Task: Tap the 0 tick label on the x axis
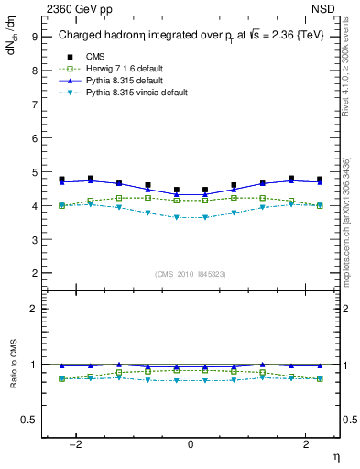[x=191, y=444]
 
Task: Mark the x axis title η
[x=335, y=458]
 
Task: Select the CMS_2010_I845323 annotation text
[x=191, y=273]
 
